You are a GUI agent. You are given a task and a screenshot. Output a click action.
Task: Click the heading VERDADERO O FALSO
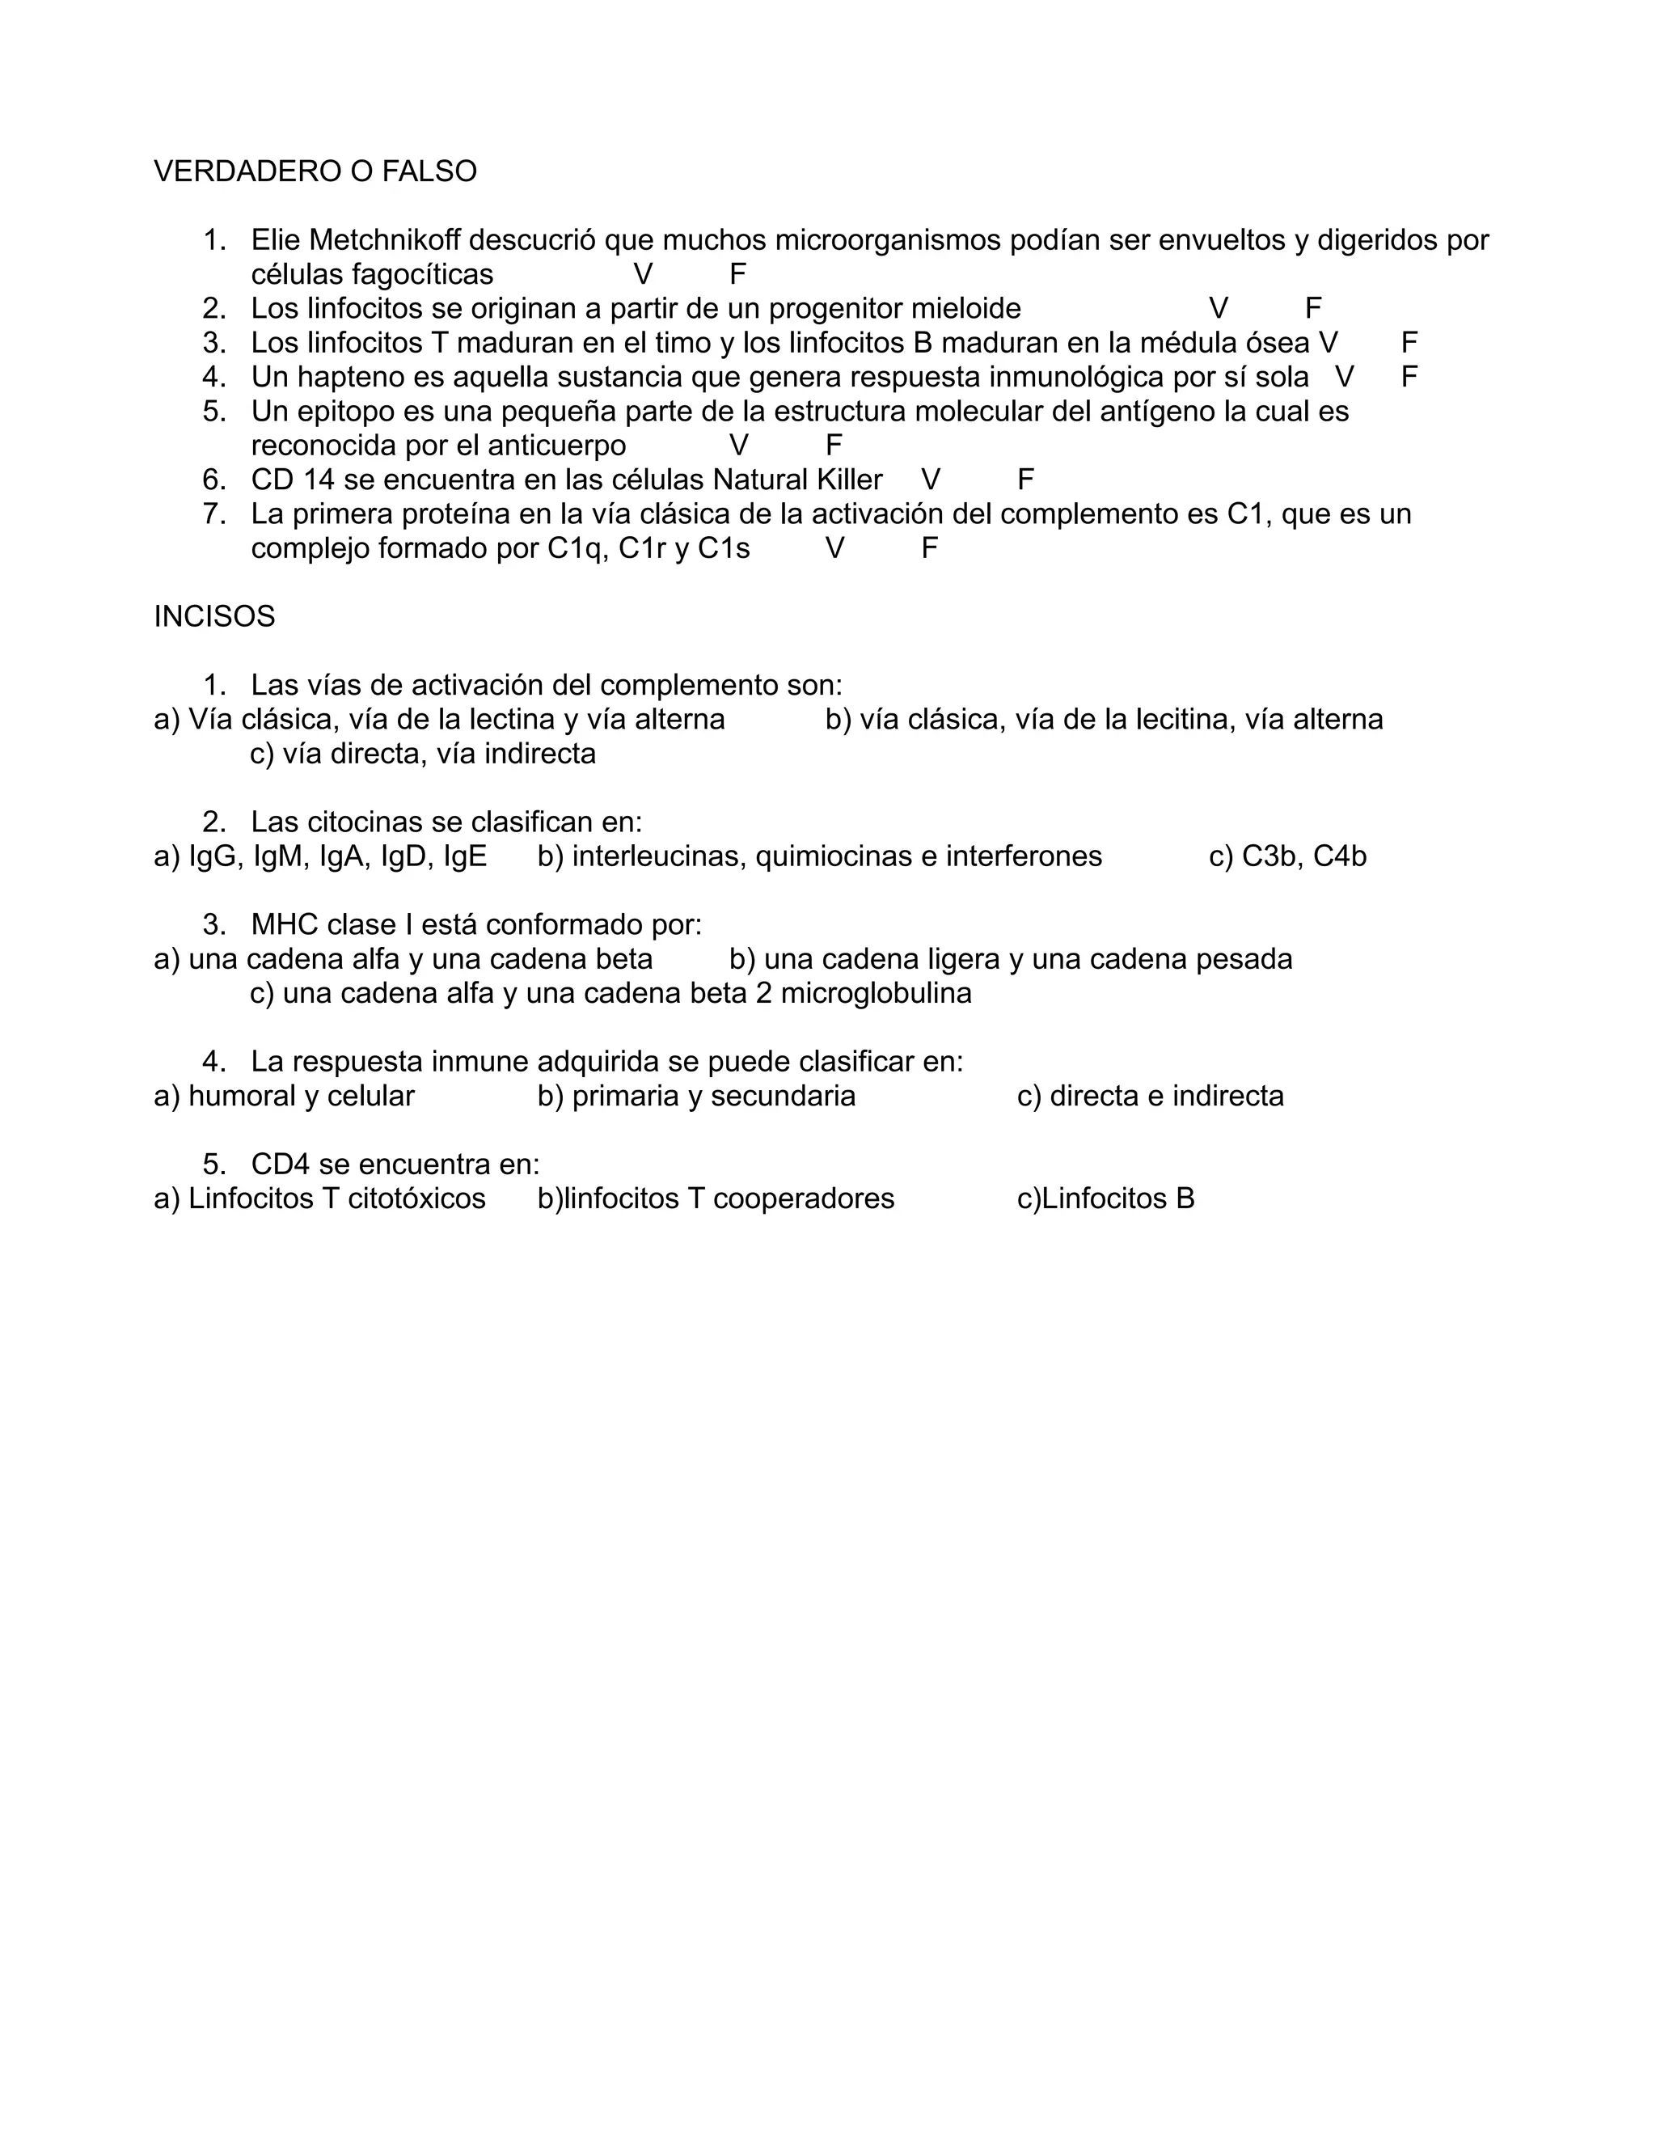coord(315,171)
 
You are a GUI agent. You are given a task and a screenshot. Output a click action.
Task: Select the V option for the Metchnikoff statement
coord(643,274)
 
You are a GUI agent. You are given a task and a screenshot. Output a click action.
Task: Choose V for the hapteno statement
coord(1344,377)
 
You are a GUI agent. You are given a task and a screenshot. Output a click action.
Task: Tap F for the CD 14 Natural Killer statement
coord(1025,480)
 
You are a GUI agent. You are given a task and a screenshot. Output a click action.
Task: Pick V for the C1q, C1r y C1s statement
coord(834,548)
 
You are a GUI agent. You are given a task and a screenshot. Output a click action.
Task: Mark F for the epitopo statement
coord(834,446)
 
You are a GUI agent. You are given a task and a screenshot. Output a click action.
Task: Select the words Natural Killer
coord(797,480)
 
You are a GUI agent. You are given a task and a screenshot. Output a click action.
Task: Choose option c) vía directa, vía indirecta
coord(423,754)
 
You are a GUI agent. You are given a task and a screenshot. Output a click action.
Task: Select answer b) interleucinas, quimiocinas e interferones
coord(819,856)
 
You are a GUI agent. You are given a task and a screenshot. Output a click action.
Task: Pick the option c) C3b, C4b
coord(1287,856)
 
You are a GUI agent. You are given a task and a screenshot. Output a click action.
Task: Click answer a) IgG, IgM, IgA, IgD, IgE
coord(320,856)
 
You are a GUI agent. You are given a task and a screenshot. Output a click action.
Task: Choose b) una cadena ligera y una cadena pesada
coord(1011,958)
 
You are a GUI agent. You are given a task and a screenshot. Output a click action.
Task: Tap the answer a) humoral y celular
coord(284,1096)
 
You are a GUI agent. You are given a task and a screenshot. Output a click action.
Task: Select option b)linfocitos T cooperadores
coord(715,1199)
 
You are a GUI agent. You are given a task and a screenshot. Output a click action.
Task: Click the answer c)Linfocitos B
coord(1105,1199)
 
